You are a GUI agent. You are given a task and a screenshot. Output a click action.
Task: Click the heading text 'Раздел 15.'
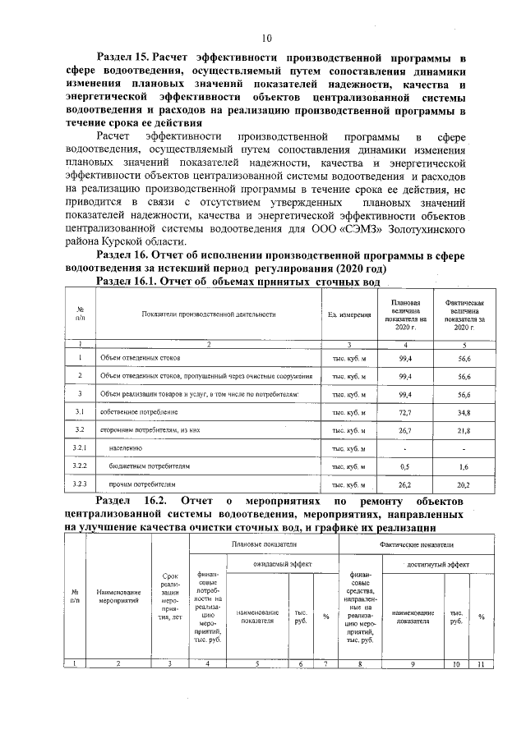click(x=124, y=58)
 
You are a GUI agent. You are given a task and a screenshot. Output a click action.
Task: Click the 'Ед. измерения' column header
click(x=348, y=314)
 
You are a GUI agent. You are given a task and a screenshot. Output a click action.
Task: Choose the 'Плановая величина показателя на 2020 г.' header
click(x=404, y=314)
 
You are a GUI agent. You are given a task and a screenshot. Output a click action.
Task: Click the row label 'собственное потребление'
click(x=139, y=410)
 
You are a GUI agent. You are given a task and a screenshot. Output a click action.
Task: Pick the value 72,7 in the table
click(x=404, y=410)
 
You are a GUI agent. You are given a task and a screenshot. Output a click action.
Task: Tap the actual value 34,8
click(x=464, y=410)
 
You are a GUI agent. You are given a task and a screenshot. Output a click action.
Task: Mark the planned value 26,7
click(x=404, y=429)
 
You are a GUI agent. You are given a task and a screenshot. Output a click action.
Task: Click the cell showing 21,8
click(x=464, y=429)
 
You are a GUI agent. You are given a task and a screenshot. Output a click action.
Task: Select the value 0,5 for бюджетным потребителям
click(x=404, y=466)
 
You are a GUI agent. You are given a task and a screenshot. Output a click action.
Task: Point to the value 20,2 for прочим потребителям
click(x=464, y=485)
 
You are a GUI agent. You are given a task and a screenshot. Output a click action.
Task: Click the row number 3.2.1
click(x=81, y=448)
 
